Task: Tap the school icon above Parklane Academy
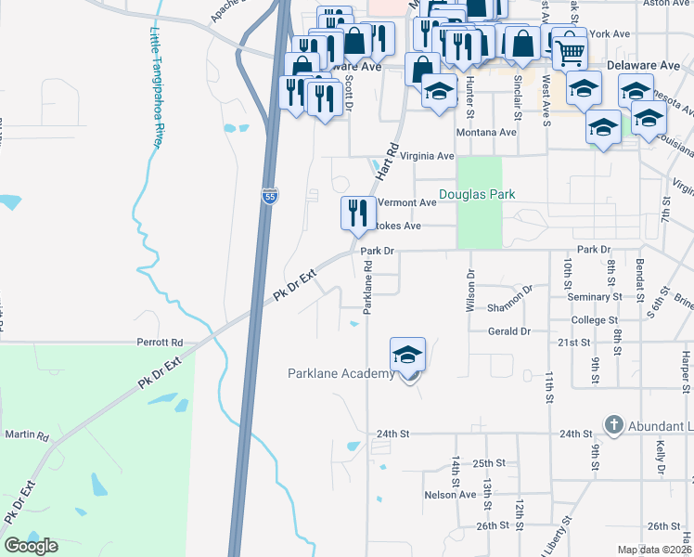[407, 355]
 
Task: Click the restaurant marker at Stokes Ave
[357, 214]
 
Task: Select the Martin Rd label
[26, 434]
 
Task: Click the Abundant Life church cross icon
[612, 425]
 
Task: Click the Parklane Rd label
[368, 286]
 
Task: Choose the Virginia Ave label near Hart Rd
[426, 157]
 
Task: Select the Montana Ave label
[485, 132]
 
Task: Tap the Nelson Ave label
[450, 495]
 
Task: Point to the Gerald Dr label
[509, 331]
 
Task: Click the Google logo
[32, 546]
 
